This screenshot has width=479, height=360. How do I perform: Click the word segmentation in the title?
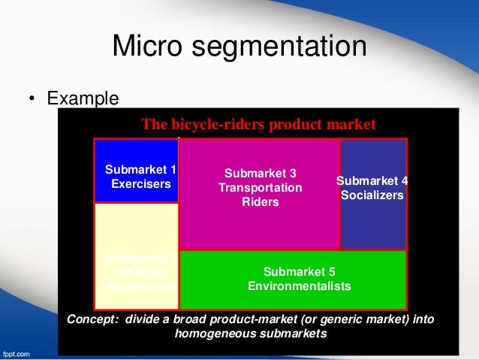click(285, 47)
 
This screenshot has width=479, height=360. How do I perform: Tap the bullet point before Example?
click(33, 99)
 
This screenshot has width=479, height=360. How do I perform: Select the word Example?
click(83, 98)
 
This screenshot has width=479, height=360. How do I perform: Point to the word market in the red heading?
click(351, 125)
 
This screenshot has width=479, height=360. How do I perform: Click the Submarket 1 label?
click(140, 170)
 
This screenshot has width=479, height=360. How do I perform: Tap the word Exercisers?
click(141, 183)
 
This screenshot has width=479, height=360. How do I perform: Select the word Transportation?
click(261, 187)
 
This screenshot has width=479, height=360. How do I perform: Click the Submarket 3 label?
click(261, 173)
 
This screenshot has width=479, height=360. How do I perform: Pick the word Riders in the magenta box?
click(261, 201)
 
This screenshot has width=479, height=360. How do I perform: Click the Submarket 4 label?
click(372, 181)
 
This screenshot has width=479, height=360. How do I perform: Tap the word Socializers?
click(372, 195)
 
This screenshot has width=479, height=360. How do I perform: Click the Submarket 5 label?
click(299, 272)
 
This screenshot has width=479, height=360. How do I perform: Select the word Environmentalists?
click(299, 286)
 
